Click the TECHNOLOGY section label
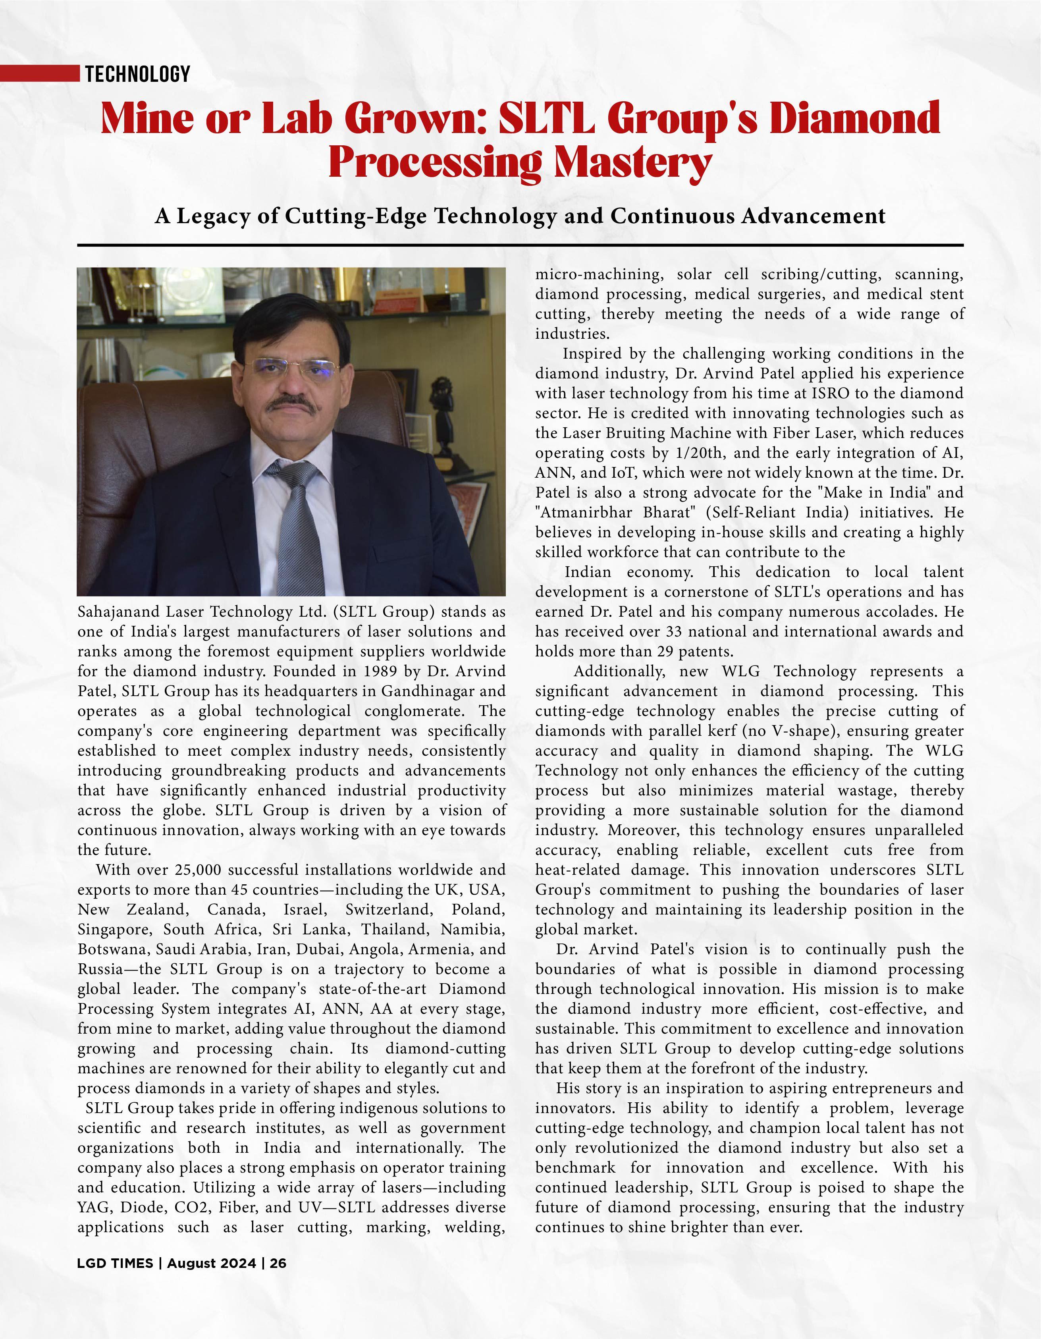click(137, 74)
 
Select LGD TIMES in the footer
click(115, 1264)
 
